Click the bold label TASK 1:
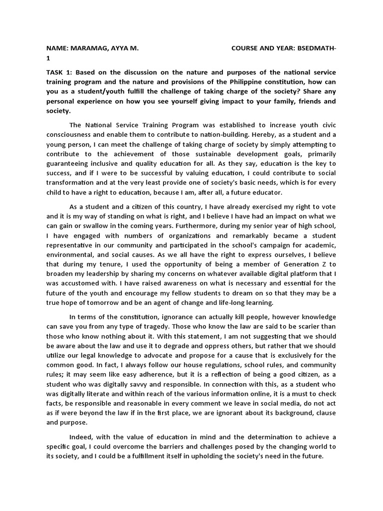59,73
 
